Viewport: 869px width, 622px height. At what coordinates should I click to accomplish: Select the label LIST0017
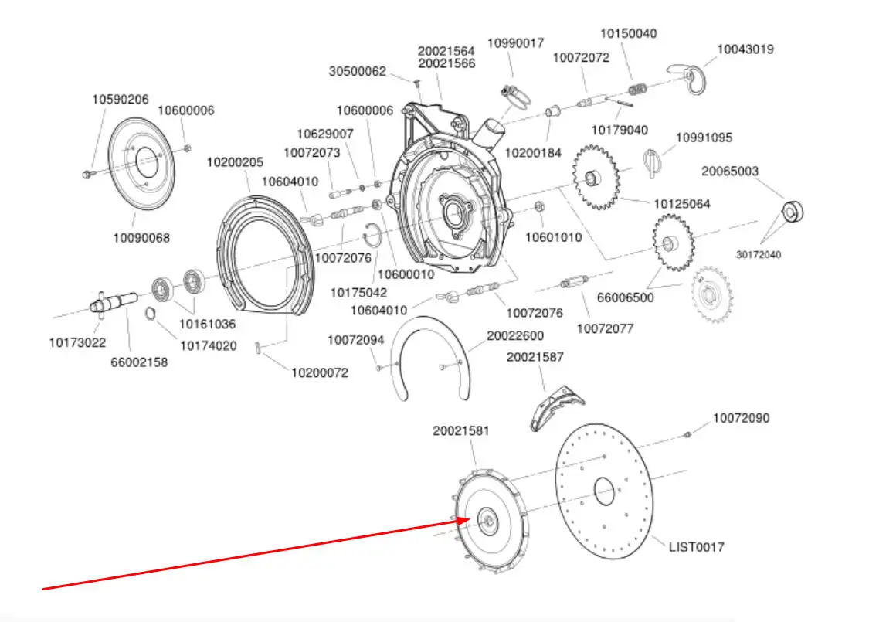pos(697,547)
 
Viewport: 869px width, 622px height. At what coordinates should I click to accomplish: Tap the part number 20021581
pos(461,431)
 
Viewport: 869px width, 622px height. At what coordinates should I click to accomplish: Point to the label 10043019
pos(745,49)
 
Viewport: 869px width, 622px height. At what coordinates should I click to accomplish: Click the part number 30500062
pos(358,71)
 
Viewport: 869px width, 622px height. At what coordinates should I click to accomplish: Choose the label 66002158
pos(139,361)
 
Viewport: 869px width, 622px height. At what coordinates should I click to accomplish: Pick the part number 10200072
pos(320,372)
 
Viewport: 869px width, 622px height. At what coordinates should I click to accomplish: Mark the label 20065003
pos(730,171)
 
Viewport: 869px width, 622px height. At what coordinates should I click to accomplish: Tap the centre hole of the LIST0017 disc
pos(604,490)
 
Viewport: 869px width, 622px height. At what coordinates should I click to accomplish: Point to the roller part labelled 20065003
pos(792,210)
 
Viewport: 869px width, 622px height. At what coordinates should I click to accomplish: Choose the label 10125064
pos(682,204)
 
